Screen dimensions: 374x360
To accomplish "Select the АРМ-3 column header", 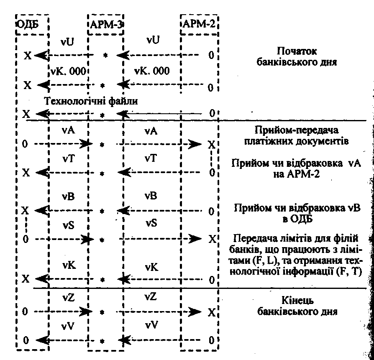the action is (x=106, y=24).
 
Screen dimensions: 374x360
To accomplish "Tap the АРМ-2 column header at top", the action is (x=199, y=24).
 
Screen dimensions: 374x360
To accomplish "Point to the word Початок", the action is (x=297, y=51).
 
